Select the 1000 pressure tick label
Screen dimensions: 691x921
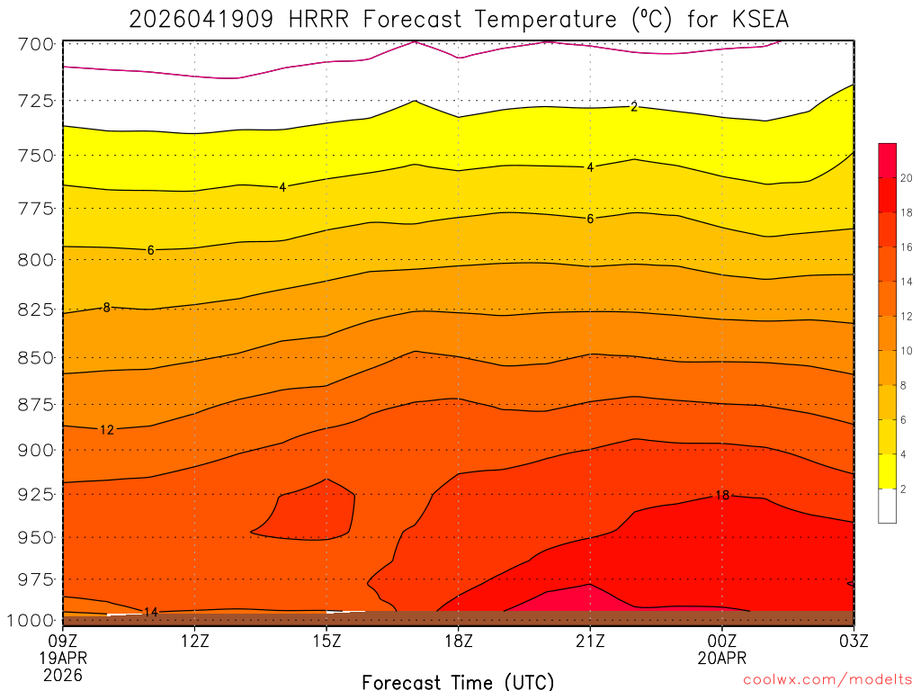(31, 620)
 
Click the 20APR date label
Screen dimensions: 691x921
(722, 658)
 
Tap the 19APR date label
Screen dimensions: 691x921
(62, 658)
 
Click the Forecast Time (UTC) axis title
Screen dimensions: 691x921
(459, 681)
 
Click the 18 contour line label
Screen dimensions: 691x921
(722, 496)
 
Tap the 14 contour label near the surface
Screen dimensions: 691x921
(151, 613)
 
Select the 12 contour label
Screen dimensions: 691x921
(106, 430)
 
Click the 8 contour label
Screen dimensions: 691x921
(106, 308)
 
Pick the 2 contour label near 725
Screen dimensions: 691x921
(634, 107)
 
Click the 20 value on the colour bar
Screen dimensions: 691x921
(907, 178)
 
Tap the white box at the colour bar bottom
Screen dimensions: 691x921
(887, 506)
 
